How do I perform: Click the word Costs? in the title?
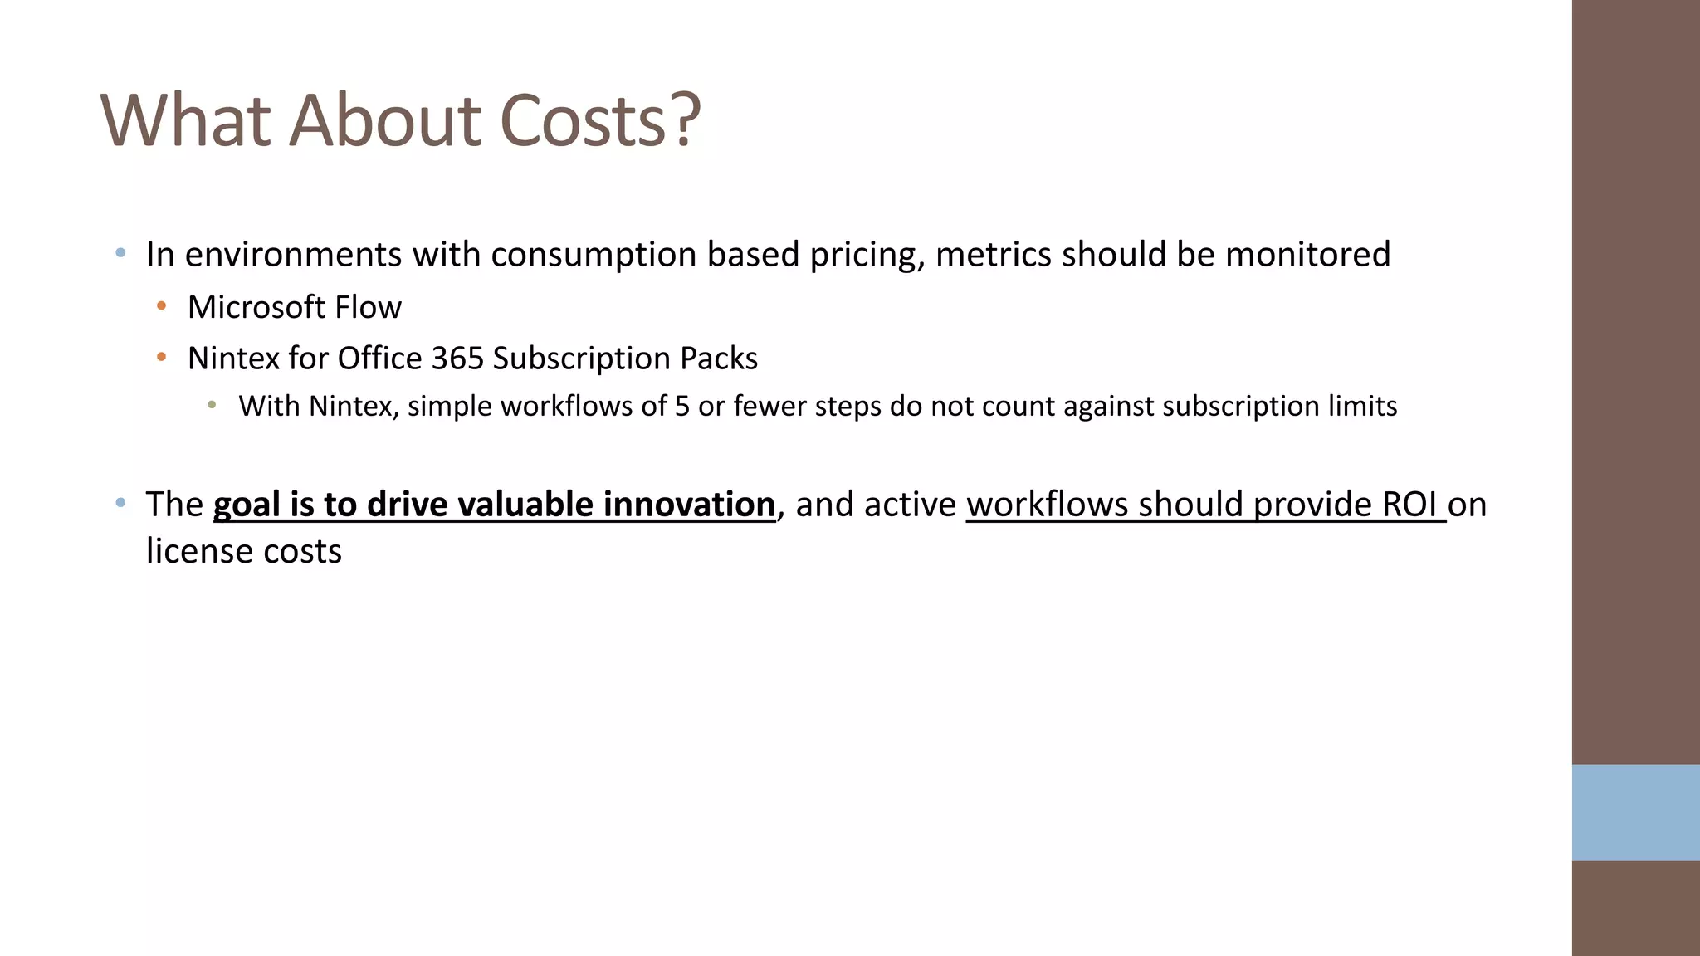pos(600,120)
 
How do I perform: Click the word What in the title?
pos(185,120)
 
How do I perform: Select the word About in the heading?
pos(384,120)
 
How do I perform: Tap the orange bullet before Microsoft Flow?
pos(162,307)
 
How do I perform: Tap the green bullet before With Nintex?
pos(212,406)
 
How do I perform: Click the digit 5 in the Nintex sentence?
pos(681,406)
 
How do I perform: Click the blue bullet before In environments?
pos(121,253)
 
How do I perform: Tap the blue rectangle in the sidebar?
pos(1635,812)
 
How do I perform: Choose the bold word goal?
pos(247,505)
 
